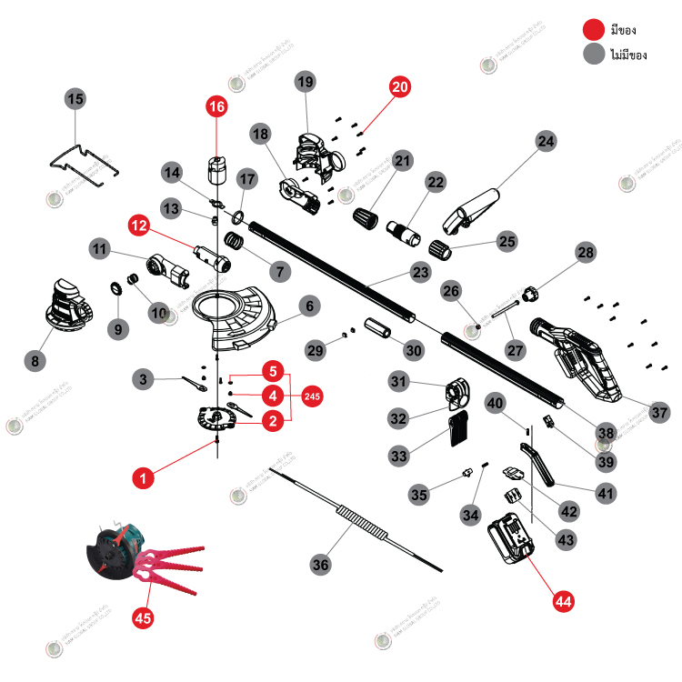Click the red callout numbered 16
[216, 106]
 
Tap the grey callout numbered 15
[75, 98]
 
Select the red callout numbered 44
[563, 600]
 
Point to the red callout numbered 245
[312, 396]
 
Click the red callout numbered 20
[400, 87]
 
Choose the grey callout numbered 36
[320, 565]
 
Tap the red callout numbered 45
[143, 617]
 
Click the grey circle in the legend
[595, 55]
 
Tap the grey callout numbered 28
[585, 252]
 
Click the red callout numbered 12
[138, 223]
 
